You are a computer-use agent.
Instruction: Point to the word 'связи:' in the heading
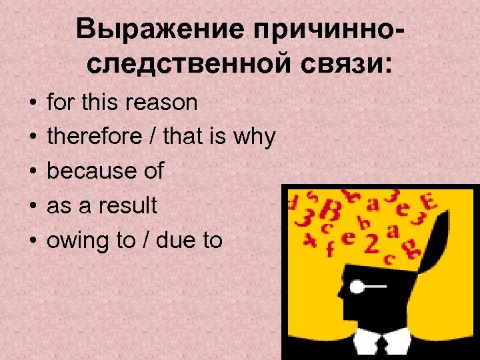pos(349,65)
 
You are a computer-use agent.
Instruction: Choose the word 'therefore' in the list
pos(94,137)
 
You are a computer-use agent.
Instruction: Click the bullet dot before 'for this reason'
pos(31,103)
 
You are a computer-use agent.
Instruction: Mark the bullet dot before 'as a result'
pos(31,207)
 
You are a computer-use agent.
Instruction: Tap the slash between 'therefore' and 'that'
pos(153,137)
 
